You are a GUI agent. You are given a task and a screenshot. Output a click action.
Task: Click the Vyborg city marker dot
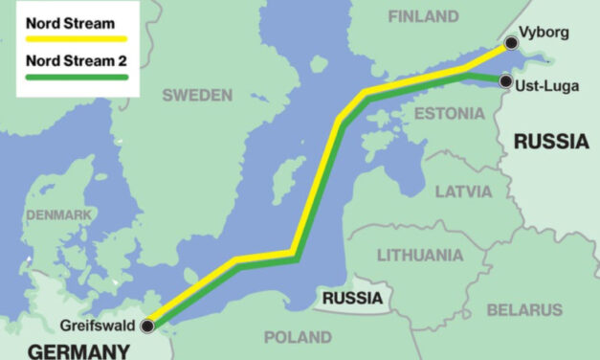coord(512,42)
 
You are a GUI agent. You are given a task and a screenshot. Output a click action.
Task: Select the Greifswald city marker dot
coord(146,326)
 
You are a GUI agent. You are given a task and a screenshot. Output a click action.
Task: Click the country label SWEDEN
coord(197,94)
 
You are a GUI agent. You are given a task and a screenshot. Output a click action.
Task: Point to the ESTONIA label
coord(449,114)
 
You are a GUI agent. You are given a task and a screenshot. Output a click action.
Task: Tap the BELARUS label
coord(524,309)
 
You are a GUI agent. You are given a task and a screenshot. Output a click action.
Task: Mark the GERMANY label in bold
coord(78,349)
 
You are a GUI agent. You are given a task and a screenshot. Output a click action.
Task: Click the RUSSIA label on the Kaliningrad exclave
coord(351,298)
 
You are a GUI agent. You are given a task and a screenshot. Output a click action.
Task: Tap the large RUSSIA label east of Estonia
coord(550,142)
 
